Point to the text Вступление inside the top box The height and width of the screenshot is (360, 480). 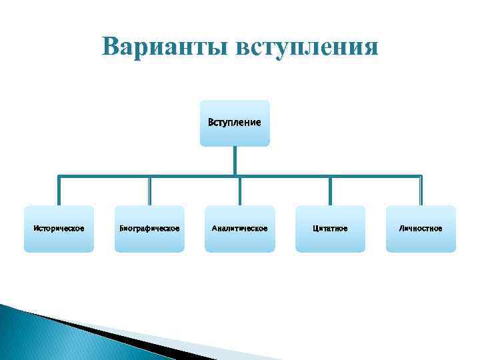point(235,123)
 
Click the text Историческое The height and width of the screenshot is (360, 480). point(59,229)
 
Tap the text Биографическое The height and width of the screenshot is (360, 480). point(149,229)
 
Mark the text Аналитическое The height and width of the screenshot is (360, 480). point(239,229)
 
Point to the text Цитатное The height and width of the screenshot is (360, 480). point(330,229)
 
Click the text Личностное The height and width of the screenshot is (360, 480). point(421,229)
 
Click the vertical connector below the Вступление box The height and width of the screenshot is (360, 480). point(235,161)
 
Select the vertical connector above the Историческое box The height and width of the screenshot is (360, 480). point(59,191)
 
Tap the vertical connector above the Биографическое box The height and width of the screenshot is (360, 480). point(149,191)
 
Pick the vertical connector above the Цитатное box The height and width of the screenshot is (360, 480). point(330,191)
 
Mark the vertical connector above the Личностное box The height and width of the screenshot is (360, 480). point(421,191)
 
